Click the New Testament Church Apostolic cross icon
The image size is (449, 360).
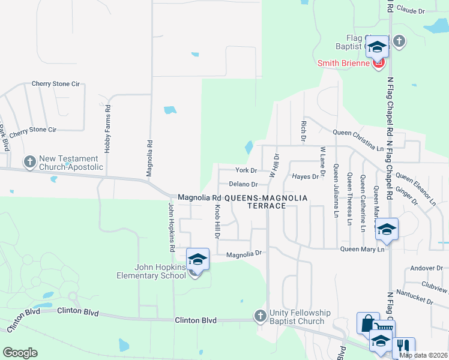pyautogui.click(x=29, y=161)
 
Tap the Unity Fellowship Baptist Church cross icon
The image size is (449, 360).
pyautogui.click(x=260, y=315)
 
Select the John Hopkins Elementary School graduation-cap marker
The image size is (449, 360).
pyautogui.click(x=197, y=260)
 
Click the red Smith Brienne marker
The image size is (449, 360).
pyautogui.click(x=378, y=62)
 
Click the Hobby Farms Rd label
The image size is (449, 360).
pyautogui.click(x=108, y=129)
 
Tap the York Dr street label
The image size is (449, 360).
pyautogui.click(x=246, y=171)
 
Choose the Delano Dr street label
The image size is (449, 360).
pyautogui.click(x=243, y=184)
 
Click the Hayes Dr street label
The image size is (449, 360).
pyautogui.click(x=306, y=176)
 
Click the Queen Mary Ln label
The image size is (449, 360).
pyautogui.click(x=362, y=249)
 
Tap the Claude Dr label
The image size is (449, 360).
pyautogui.click(x=411, y=11)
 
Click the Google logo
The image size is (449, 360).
pyautogui.click(x=20, y=353)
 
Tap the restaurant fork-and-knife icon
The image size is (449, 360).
pyautogui.click(x=403, y=346)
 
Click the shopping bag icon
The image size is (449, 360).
pyautogui.click(x=367, y=323)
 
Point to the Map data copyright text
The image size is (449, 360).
pyautogui.click(x=423, y=355)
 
